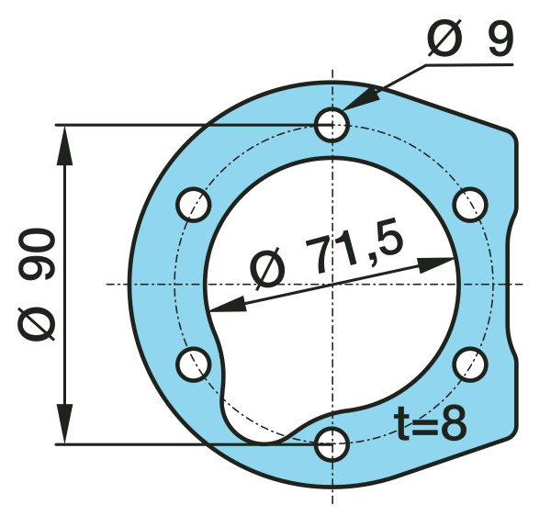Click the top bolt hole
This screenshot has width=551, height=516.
(332, 124)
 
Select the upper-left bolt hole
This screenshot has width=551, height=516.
(193, 204)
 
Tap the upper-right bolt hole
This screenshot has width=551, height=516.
(470, 204)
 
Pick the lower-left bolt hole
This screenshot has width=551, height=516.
(193, 365)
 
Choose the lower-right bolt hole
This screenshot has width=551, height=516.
(470, 365)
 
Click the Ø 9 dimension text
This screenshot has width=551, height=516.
(469, 39)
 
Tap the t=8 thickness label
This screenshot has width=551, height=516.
(432, 424)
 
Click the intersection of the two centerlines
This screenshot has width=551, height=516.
(332, 284)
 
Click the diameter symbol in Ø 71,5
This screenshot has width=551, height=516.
(267, 270)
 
